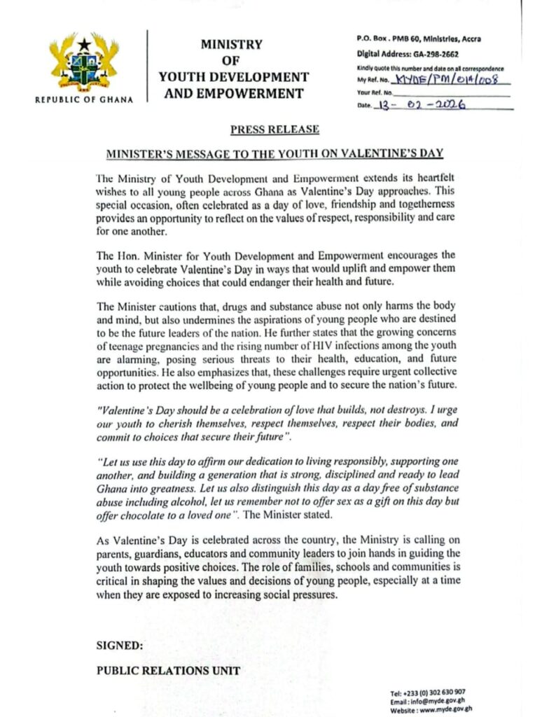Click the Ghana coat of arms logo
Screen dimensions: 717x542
tap(84, 64)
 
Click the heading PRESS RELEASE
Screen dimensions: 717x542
tap(275, 130)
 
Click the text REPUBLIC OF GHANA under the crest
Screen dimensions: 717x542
tap(84, 99)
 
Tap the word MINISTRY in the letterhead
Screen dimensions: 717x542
tap(232, 44)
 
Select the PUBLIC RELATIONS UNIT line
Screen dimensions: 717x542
tap(168, 670)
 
